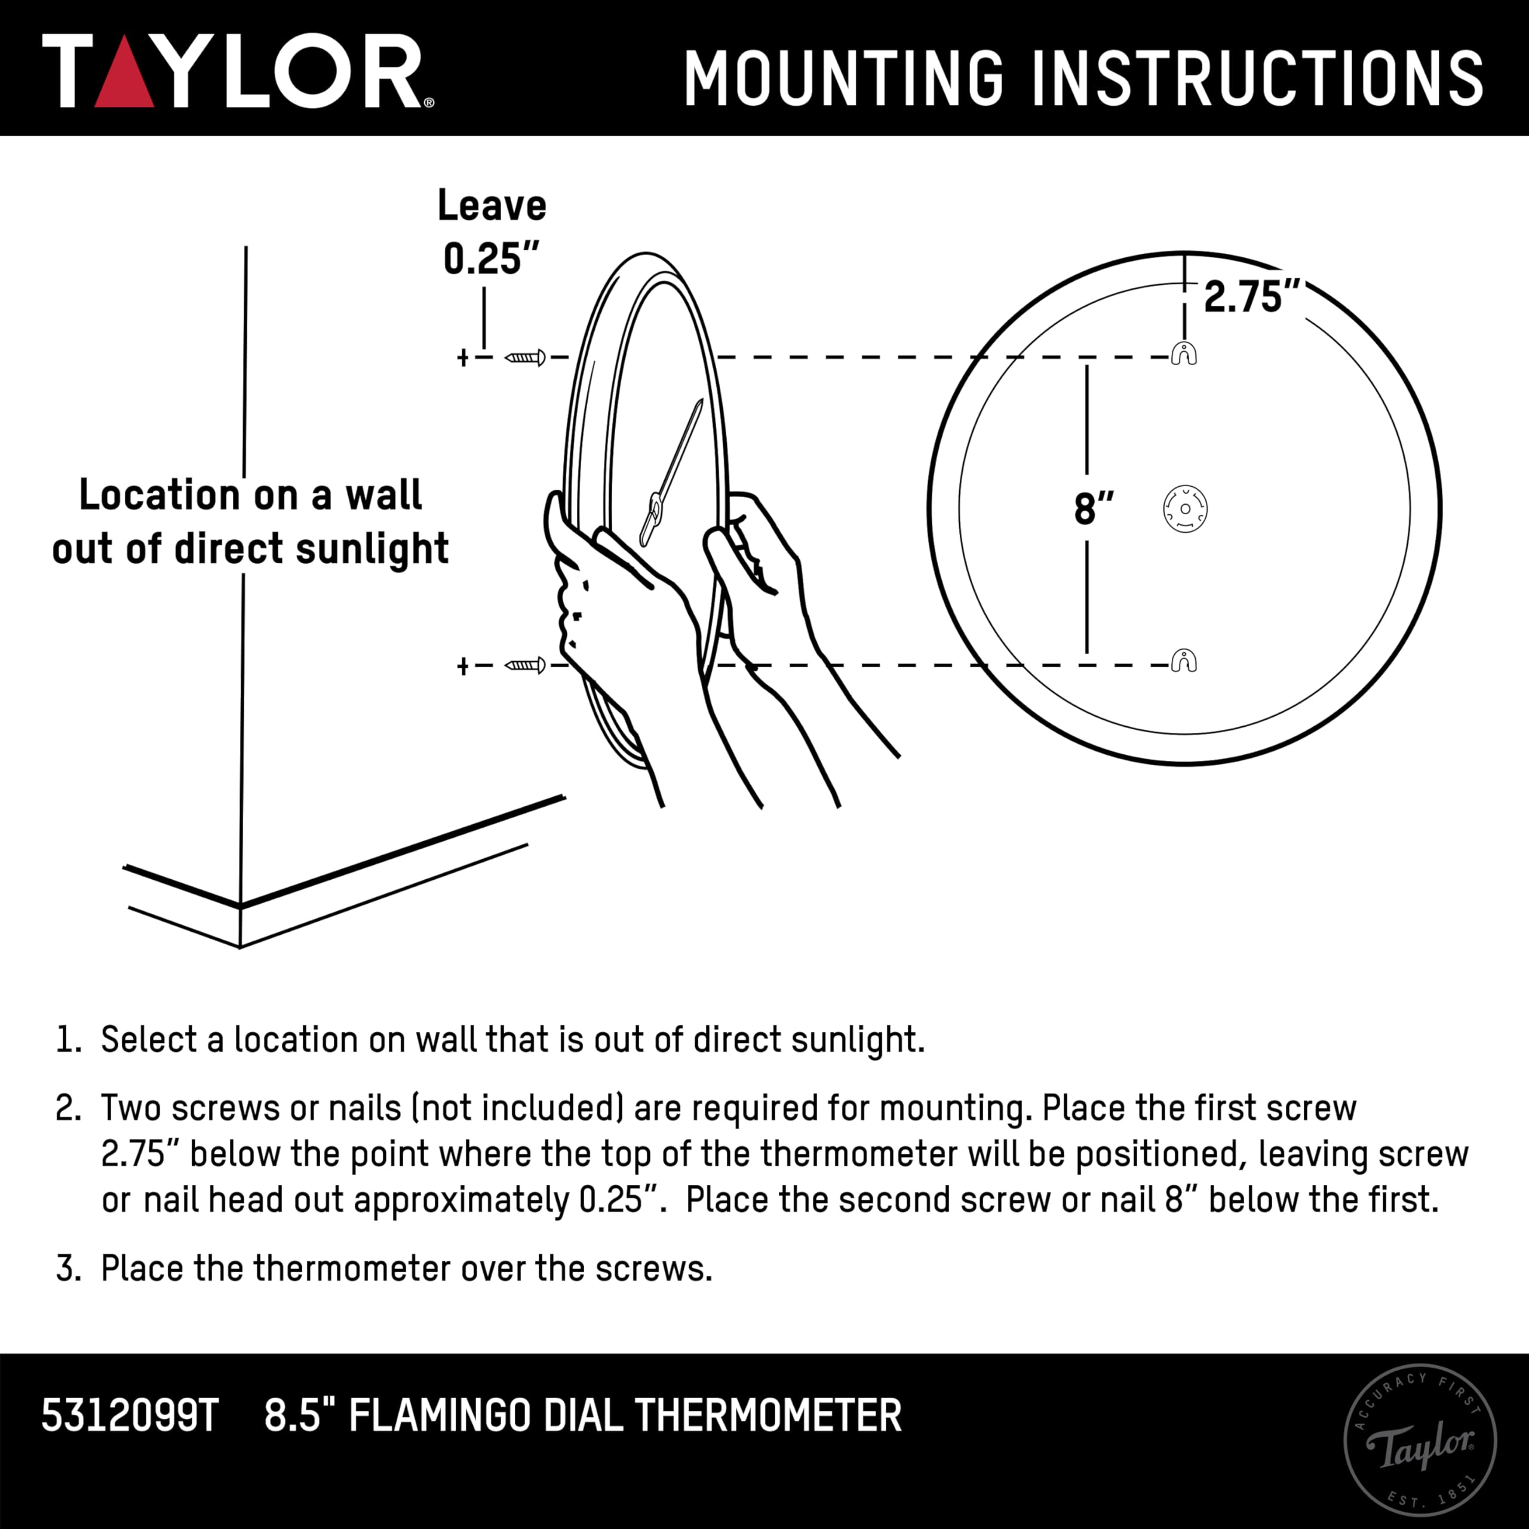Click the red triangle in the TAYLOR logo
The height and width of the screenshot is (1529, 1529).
[x=124, y=83]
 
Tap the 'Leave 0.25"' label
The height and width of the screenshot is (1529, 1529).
[x=492, y=232]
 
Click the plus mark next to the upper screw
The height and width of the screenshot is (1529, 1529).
[x=463, y=358]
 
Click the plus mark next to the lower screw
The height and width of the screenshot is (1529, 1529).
[x=463, y=667]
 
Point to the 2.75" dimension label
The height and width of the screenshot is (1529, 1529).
[x=1251, y=297]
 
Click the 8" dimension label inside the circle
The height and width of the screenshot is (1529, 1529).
[x=1094, y=508]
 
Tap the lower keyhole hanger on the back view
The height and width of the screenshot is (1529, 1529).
[x=1184, y=660]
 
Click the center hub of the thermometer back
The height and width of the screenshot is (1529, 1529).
[x=1185, y=509]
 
